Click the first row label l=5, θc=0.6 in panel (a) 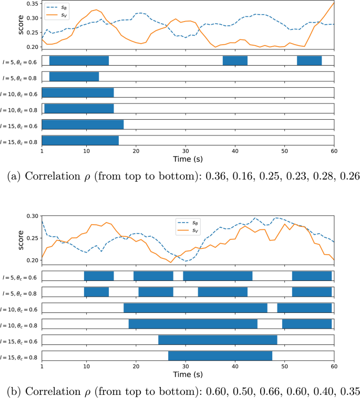(x=19, y=60)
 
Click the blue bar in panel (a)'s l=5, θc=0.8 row (x=74, y=77)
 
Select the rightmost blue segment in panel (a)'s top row (x=309, y=60)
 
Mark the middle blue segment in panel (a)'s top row (x=235, y=60)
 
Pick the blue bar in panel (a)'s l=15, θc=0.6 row (x=83, y=124)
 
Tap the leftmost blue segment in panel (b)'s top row (x=99, y=276)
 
